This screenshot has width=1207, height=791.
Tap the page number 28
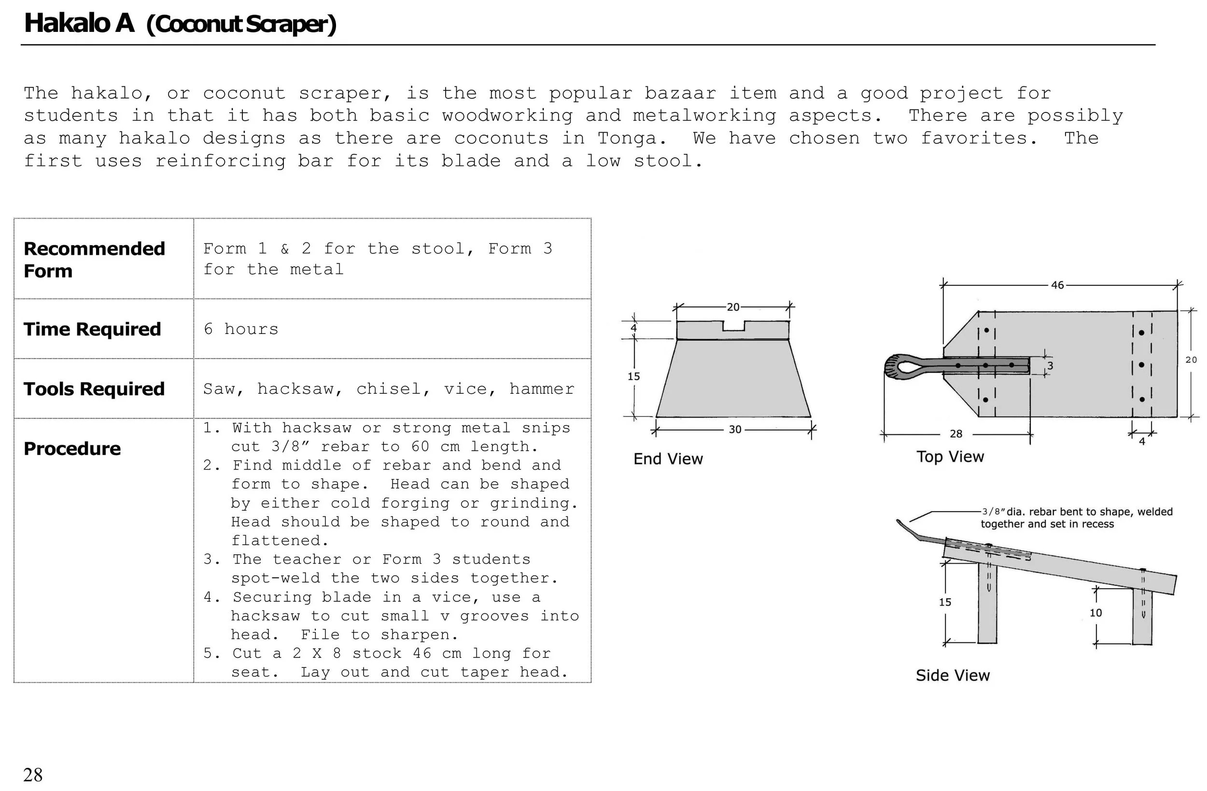tap(33, 774)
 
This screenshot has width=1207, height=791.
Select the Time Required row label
tap(92, 329)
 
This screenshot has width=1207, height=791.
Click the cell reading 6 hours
tap(241, 329)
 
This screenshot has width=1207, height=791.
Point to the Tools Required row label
tap(94, 389)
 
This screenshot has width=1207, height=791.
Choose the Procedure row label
tap(72, 449)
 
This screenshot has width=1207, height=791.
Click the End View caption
tap(668, 459)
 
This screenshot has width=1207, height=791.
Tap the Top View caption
tap(950, 457)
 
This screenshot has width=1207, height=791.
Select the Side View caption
tap(953, 675)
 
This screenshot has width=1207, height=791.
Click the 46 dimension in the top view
tap(1057, 285)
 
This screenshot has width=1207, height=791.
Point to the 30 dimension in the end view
tap(735, 430)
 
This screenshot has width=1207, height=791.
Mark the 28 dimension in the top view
tap(956, 433)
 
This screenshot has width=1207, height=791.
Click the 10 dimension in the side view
tap(1096, 612)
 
